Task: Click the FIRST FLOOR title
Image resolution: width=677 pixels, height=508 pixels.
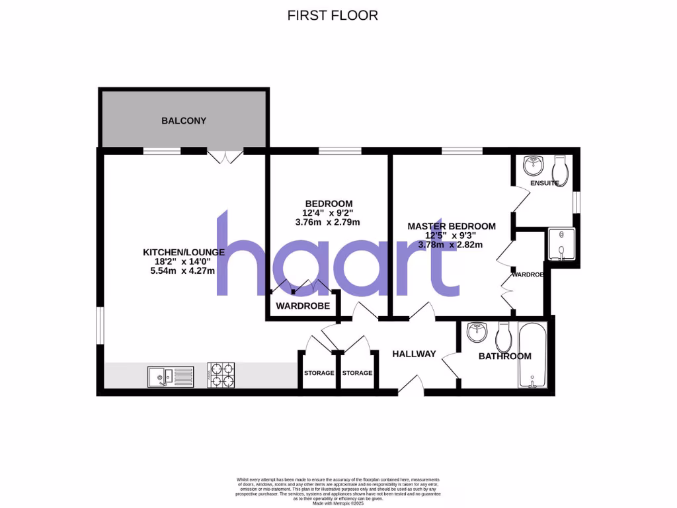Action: pos(333,15)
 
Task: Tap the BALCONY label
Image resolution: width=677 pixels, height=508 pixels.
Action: pos(184,121)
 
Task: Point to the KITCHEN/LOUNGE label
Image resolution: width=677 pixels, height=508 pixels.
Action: pos(184,252)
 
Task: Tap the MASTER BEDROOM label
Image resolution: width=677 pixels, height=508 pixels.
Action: pos(451,226)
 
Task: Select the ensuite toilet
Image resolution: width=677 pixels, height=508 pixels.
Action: pos(559,166)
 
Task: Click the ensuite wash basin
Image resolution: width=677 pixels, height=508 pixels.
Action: pos(532,163)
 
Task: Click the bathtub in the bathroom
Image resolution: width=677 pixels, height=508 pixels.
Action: pos(533,357)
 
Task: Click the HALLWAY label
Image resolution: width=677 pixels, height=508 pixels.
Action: pos(414,354)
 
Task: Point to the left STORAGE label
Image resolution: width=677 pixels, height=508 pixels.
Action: pos(319,373)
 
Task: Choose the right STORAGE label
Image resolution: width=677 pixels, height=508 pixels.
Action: pos(357,373)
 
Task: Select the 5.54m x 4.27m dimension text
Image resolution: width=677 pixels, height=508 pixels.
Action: pos(184,271)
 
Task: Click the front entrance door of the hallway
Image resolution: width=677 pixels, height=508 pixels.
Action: pos(411,386)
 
